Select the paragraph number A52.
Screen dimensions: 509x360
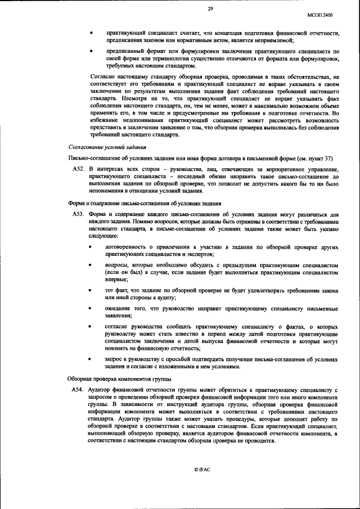[x=78, y=168]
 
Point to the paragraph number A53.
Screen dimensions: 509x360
[x=78, y=214]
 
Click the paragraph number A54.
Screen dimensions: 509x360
[x=78, y=389]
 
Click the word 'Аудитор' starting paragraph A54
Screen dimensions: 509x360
[x=101, y=389]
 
